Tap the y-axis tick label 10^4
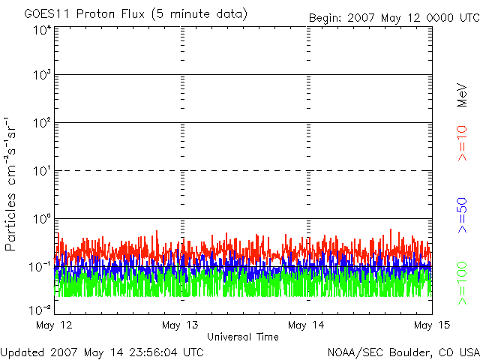43,31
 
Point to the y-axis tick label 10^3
43,75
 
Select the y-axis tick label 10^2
43,123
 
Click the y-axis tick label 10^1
43,171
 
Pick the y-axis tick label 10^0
43,219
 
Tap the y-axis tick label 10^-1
40,267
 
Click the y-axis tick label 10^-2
40,310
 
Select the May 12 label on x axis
54,325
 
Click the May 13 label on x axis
180,325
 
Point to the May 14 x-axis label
306,325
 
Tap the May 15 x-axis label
432,325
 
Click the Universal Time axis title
243,337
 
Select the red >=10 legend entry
462,143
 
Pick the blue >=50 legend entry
462,215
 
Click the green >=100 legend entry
462,283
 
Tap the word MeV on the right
462,95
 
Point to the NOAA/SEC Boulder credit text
403,352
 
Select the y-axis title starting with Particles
10,184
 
